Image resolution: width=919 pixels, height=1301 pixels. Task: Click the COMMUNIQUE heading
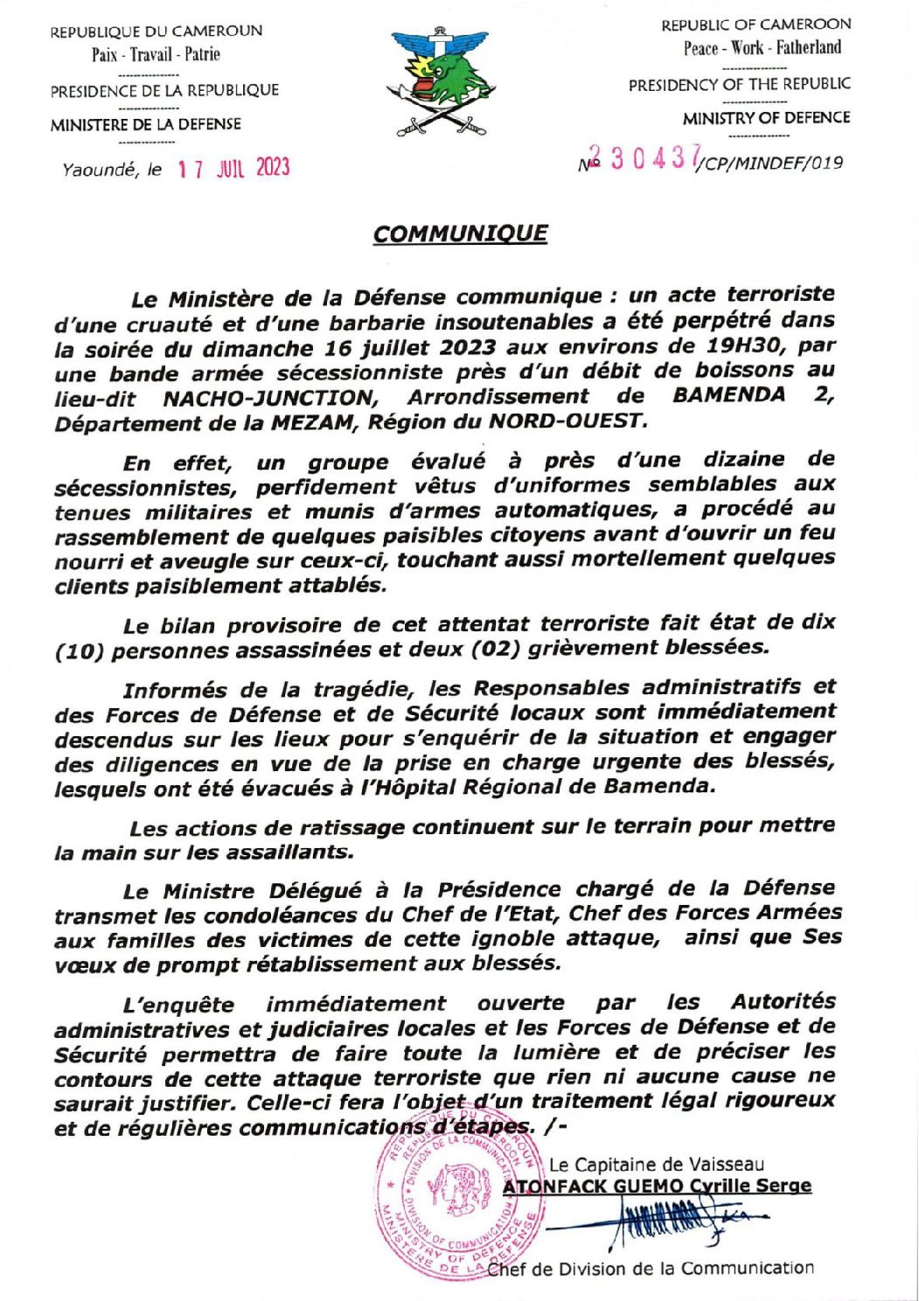tap(460, 234)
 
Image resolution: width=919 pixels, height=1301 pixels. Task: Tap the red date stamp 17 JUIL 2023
tap(233, 168)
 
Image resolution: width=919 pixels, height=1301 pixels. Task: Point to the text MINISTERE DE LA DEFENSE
tap(145, 124)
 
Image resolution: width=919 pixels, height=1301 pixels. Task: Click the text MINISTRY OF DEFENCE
tap(766, 118)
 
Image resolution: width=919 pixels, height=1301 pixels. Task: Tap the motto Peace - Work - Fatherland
tap(762, 48)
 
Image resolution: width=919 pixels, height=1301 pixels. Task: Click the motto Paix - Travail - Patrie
tap(156, 54)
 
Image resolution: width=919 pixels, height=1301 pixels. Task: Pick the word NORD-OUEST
tap(568, 421)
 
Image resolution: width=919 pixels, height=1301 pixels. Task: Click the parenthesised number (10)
tap(79, 652)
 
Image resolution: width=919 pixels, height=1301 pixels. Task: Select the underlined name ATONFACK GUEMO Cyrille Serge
tap(657, 1186)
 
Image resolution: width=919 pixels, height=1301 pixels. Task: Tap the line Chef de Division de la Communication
tap(651, 1269)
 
